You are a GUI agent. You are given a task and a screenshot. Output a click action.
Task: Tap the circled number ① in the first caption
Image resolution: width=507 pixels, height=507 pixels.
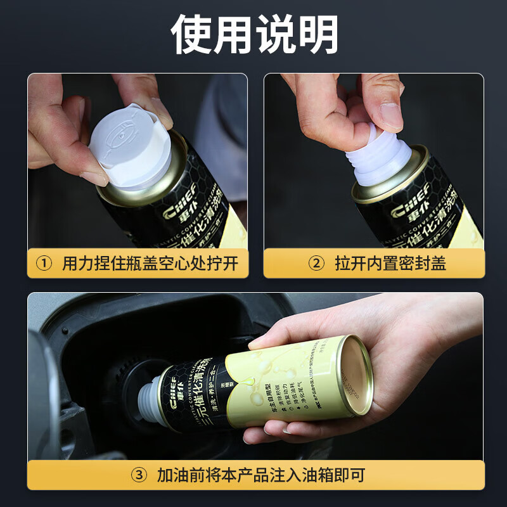[x=44, y=263]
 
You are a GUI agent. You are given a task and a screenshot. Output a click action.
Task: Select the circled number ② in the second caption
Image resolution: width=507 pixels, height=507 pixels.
[x=316, y=263]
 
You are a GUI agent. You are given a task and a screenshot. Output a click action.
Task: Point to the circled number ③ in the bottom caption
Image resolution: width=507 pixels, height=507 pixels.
[x=139, y=475]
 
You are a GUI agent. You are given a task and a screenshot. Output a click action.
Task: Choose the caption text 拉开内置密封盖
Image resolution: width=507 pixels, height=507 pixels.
[x=390, y=263]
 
